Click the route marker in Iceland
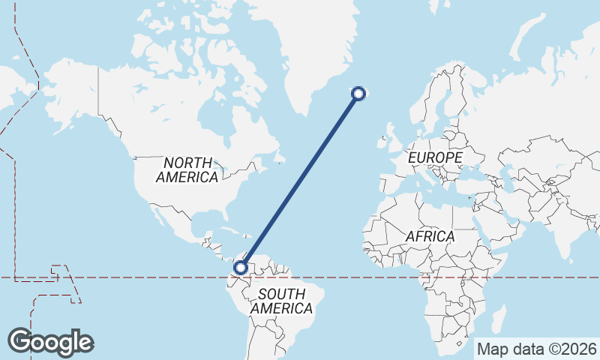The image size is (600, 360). (x=358, y=93)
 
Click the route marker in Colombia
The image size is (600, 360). (x=241, y=267)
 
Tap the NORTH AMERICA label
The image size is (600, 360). (x=187, y=170)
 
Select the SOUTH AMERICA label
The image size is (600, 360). (x=281, y=301)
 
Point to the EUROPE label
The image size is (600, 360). (x=435, y=158)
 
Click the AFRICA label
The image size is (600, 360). (x=430, y=236)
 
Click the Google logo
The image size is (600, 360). (x=50, y=341)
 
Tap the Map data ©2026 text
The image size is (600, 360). (x=537, y=349)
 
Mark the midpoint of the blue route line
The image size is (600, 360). (x=300, y=180)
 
